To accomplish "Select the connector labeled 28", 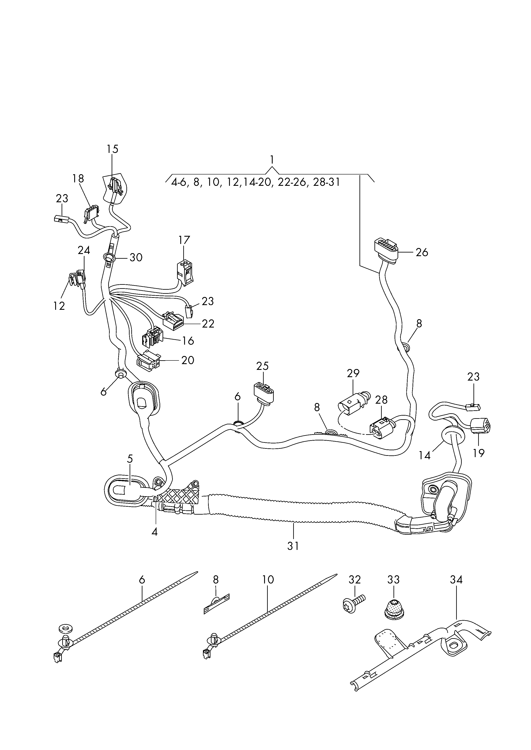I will [x=379, y=427].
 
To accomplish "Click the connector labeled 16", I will [x=152, y=337].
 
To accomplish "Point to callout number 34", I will [x=456, y=580].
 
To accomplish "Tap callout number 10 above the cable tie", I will [x=268, y=580].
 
